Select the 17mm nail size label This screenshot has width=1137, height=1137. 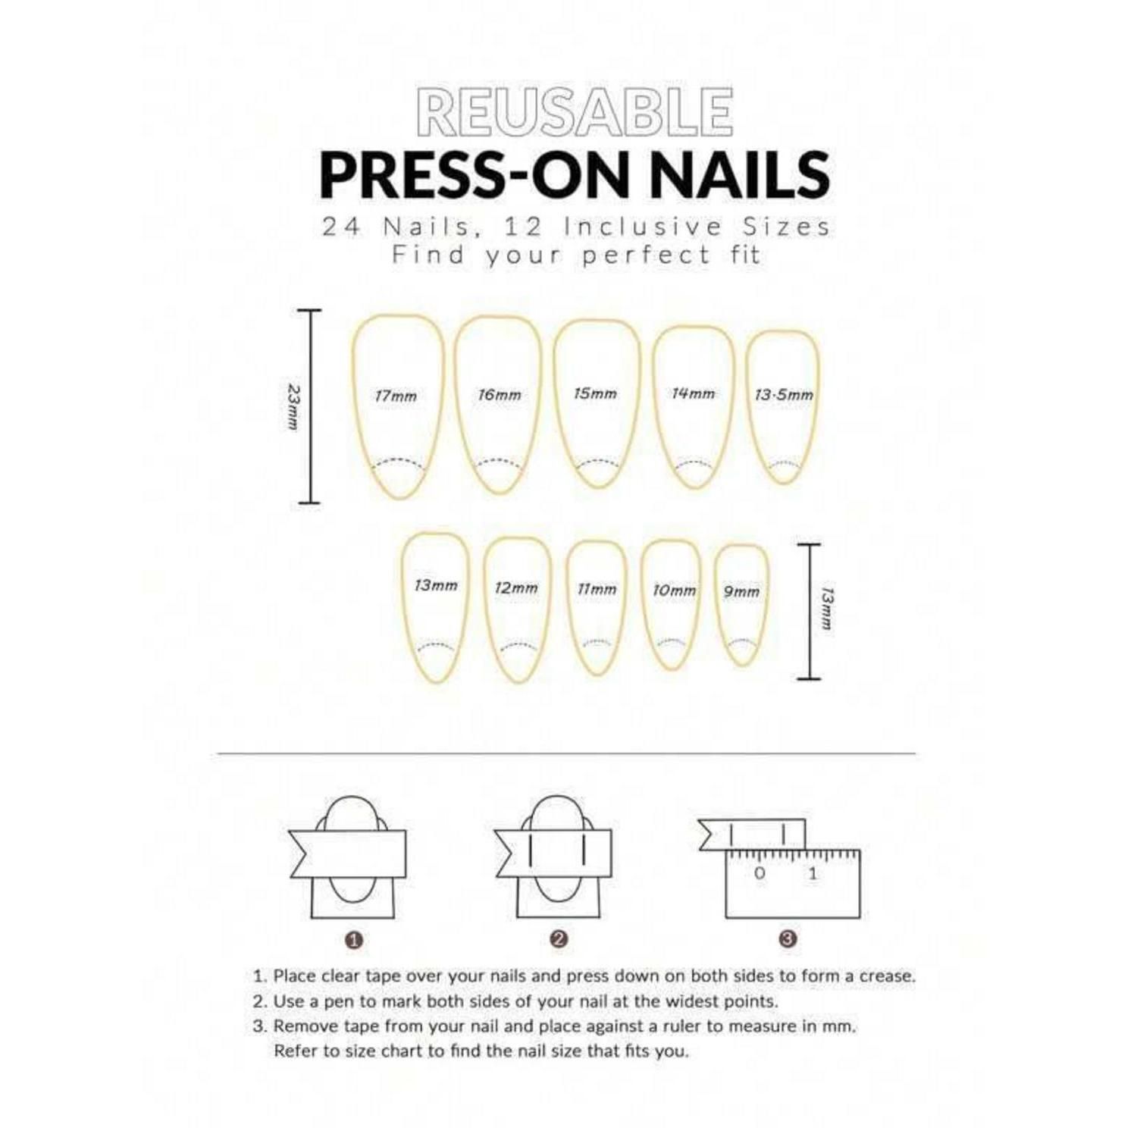point(396,396)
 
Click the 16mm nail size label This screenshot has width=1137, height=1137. point(500,395)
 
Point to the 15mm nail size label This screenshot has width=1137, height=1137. point(596,393)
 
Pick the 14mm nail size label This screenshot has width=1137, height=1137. point(694,393)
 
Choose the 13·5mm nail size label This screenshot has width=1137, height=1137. point(784,395)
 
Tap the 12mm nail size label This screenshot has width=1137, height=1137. point(516,587)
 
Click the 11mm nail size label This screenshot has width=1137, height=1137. point(597,589)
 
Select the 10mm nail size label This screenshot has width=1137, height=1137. point(675,590)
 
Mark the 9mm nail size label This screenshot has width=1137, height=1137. point(741,591)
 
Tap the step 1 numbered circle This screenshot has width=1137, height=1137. point(355,941)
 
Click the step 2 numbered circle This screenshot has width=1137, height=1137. point(559,939)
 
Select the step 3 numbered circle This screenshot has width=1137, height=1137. point(788,939)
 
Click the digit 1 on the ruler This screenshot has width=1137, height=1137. point(813,873)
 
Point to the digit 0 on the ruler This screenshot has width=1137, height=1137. point(760,873)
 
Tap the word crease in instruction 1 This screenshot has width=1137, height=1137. point(886,976)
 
